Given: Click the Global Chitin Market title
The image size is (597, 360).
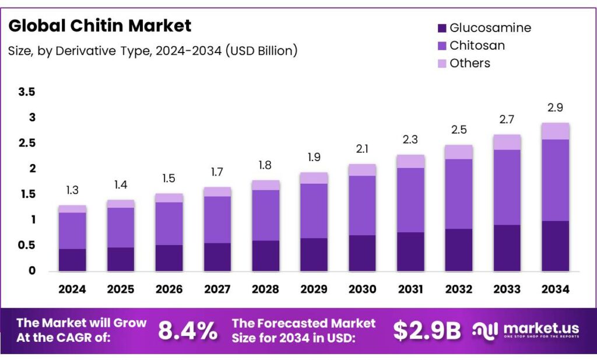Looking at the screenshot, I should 100,26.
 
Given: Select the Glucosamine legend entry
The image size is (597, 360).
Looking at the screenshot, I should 490,27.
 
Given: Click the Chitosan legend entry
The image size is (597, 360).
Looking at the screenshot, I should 477,46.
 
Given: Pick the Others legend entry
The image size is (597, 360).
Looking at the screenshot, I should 469,63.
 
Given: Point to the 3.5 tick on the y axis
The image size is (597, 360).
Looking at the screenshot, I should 27,92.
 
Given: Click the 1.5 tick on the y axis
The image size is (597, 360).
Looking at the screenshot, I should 27,194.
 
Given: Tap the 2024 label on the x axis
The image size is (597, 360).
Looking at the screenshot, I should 72,289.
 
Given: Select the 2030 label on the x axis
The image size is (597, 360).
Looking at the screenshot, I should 362,289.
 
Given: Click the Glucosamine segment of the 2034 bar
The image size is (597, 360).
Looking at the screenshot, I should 555,246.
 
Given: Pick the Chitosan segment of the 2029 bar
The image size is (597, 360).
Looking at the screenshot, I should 314,211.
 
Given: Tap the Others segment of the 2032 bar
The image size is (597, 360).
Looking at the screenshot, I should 459,152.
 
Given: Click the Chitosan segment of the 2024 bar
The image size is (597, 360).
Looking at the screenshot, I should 72,230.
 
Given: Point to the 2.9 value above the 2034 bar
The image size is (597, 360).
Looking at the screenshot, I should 555,108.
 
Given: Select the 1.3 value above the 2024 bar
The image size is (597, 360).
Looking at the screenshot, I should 72,191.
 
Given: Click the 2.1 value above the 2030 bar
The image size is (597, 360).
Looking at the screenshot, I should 362,149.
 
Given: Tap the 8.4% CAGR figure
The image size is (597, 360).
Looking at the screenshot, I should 188,330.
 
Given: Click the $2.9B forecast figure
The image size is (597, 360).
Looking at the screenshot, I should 426,330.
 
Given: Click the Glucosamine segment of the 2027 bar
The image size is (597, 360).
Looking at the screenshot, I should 217,257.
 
